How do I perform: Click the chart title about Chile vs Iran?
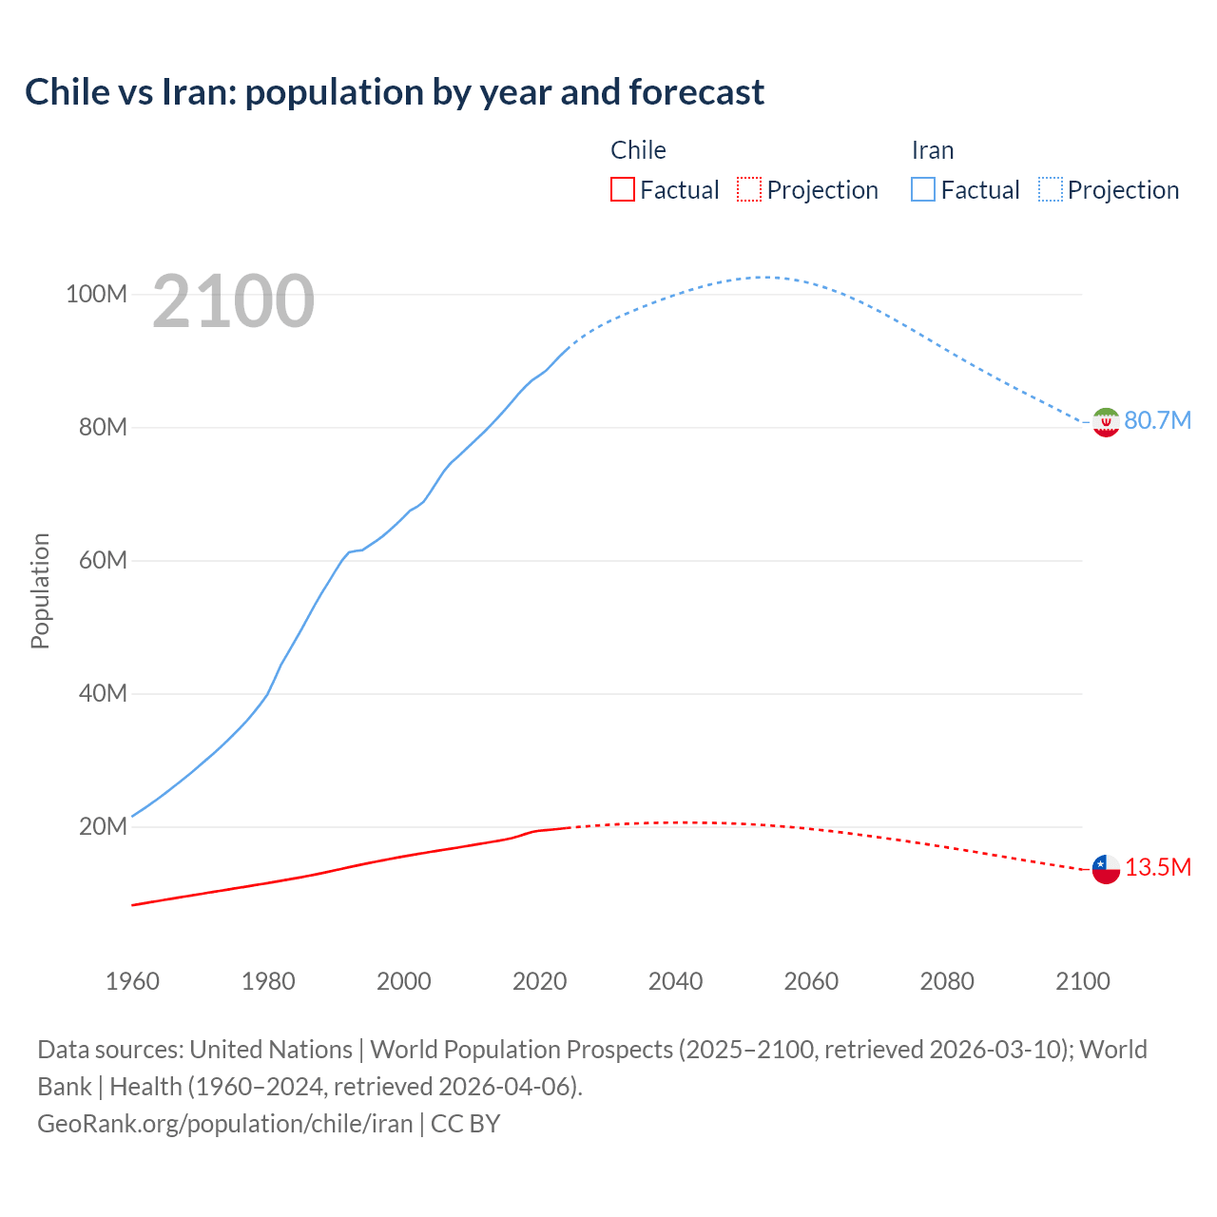click(x=395, y=92)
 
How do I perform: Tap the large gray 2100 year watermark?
click(x=233, y=301)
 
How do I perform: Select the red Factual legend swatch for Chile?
click(x=622, y=189)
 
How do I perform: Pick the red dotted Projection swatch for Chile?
click(x=749, y=189)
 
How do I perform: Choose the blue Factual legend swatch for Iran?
click(x=922, y=189)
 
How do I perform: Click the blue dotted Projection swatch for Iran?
click(x=1051, y=189)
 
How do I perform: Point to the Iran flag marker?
click(x=1106, y=421)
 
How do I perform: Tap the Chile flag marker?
click(x=1106, y=868)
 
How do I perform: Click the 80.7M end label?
click(x=1157, y=420)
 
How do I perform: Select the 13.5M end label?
click(x=1157, y=867)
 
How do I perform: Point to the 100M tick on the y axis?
click(x=96, y=294)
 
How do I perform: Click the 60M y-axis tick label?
click(x=103, y=560)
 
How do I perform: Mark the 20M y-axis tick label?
click(x=103, y=826)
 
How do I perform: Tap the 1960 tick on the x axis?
click(x=132, y=981)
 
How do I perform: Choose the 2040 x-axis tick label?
click(x=675, y=981)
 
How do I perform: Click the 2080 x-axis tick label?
click(x=947, y=981)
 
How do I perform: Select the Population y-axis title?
click(x=40, y=590)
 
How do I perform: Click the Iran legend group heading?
click(x=932, y=150)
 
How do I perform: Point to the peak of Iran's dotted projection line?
click(x=763, y=277)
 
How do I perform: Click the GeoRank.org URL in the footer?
click(x=225, y=1124)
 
